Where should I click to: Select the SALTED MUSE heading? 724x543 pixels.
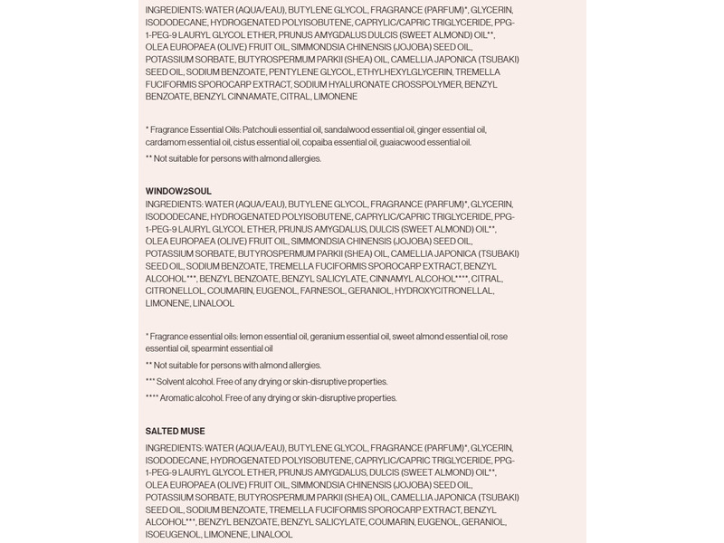pyautogui.click(x=175, y=431)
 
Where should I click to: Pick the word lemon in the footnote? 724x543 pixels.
pyautogui.click(x=244, y=336)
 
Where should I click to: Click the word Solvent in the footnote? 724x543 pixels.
pyautogui.click(x=170, y=381)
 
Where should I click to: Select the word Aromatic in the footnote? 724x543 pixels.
pyautogui.click(x=174, y=397)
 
